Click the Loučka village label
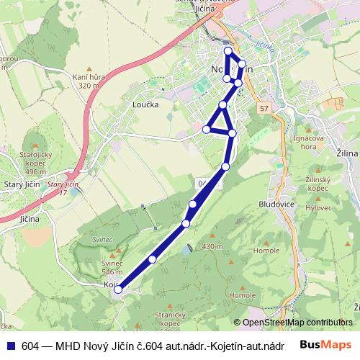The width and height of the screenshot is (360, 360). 145,104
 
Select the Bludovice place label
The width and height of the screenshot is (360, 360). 274,204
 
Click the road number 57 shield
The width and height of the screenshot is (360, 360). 265,109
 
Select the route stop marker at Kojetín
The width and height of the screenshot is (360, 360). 118,290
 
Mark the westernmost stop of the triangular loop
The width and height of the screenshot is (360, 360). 207,130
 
